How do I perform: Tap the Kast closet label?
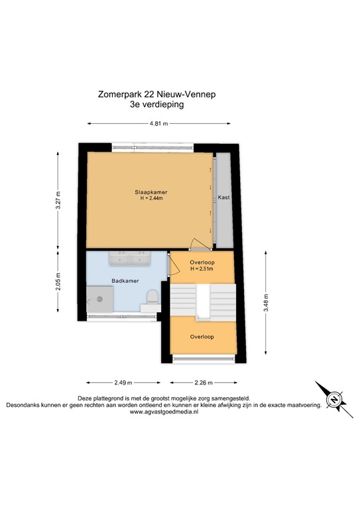coord(223,198)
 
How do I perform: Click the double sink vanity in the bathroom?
coord(129,256)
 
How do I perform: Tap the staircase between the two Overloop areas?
coord(202,298)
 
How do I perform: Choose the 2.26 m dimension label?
coord(202,382)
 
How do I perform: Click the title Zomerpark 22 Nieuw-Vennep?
coord(156,95)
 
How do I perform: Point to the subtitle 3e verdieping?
coord(156,104)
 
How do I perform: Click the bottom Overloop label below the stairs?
coord(202,336)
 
